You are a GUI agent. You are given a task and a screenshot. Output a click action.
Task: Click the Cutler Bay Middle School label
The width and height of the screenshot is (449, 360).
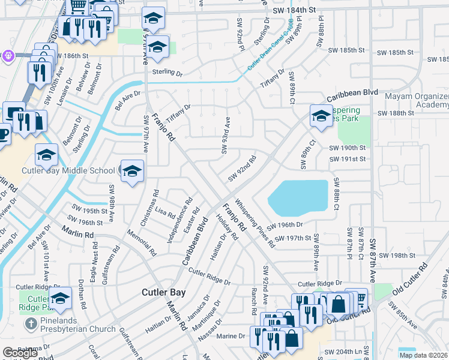(68, 170)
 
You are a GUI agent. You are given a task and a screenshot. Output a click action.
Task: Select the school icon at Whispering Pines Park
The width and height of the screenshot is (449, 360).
(321, 116)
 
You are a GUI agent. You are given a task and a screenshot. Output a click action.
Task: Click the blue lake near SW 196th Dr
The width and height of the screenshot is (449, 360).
(298, 198)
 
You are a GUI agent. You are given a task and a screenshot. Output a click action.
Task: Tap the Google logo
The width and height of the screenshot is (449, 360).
(20, 353)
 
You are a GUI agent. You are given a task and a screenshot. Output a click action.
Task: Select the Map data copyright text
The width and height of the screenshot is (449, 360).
(424, 355)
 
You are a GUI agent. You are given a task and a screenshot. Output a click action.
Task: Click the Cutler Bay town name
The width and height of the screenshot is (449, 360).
(163, 292)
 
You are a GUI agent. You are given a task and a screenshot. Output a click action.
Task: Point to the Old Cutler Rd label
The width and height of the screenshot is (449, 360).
(411, 281)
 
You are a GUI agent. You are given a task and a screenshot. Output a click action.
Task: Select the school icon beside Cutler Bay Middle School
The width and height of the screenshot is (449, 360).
(132, 172)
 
